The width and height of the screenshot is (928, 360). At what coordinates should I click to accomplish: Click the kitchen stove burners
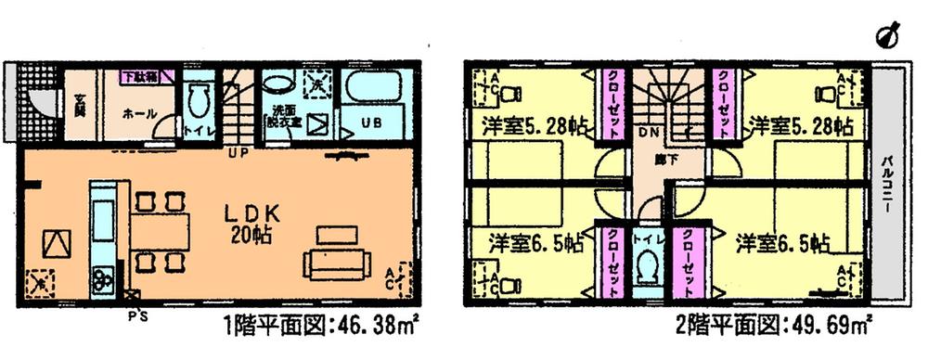click(x=101, y=277)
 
